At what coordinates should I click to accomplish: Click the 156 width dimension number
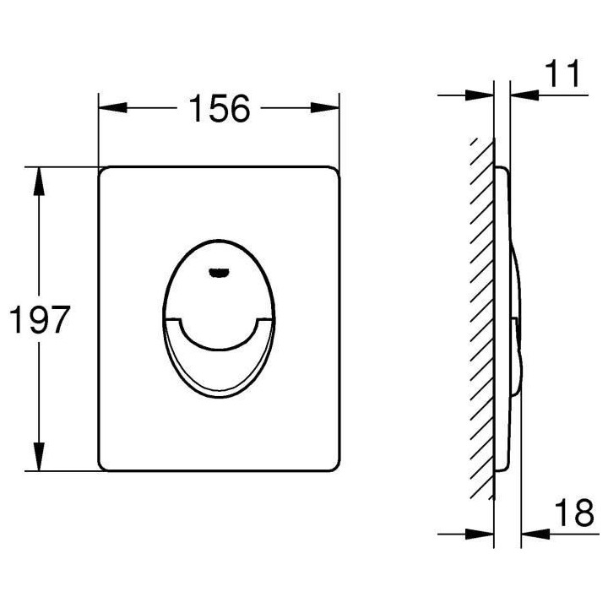coord(220,109)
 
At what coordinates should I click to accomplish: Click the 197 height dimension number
coord(36,320)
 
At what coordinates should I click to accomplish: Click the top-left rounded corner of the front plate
coord(104,171)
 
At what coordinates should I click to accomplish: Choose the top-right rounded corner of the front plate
coord(335,171)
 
